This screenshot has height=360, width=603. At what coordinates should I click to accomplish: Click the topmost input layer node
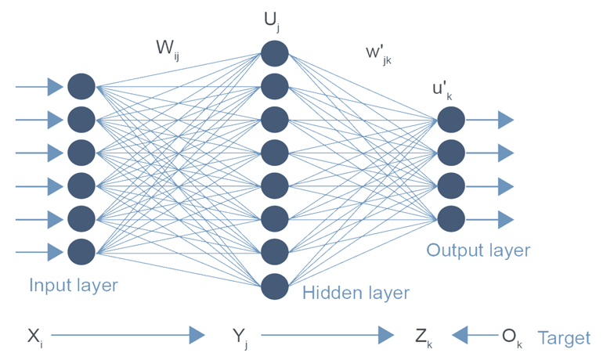point(81,86)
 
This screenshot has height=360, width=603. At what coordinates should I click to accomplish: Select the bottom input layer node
point(81,252)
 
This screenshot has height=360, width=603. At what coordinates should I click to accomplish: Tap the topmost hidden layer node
point(275,53)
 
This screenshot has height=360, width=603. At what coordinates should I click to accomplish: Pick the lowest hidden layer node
point(275,286)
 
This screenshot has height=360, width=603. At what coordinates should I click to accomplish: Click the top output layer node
point(451,120)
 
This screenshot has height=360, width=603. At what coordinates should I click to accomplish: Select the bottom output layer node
point(451,218)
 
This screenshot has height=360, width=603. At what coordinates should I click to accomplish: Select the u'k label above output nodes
point(442,91)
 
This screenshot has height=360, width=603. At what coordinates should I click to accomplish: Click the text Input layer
point(73,285)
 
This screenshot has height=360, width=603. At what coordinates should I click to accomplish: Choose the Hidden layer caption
point(356,293)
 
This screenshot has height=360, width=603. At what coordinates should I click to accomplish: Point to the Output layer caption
point(478,250)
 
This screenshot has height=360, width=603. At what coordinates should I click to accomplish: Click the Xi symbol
point(34,337)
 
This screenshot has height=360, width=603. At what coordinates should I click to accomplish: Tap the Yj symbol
point(240,337)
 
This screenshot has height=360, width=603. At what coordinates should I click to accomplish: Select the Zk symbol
point(423,337)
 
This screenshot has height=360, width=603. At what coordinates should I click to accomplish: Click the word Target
point(564,337)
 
